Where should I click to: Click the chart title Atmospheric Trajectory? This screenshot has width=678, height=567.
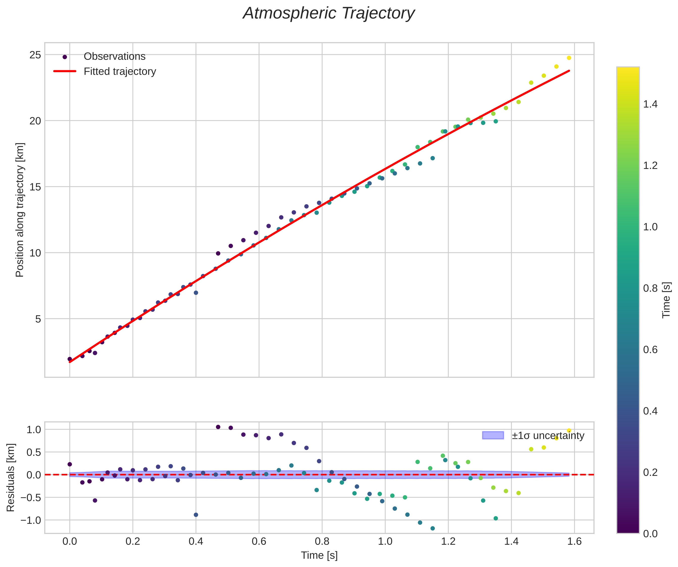(x=329, y=14)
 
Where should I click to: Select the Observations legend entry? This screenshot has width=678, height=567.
(x=114, y=57)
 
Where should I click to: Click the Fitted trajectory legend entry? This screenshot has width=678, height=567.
(x=120, y=71)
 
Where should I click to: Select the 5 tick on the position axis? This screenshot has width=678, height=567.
(x=38, y=319)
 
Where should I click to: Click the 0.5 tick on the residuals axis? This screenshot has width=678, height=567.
(x=34, y=452)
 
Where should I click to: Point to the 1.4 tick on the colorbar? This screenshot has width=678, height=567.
(x=650, y=104)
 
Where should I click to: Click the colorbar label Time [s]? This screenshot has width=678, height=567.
(x=666, y=300)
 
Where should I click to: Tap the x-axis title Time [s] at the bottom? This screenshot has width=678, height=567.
(x=319, y=555)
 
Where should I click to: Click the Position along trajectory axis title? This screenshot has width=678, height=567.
(x=20, y=210)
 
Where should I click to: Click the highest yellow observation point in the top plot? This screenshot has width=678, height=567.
(x=569, y=58)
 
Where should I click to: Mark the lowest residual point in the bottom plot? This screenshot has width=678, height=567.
(x=433, y=528)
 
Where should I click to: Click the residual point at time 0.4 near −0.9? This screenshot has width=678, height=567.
(x=196, y=515)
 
